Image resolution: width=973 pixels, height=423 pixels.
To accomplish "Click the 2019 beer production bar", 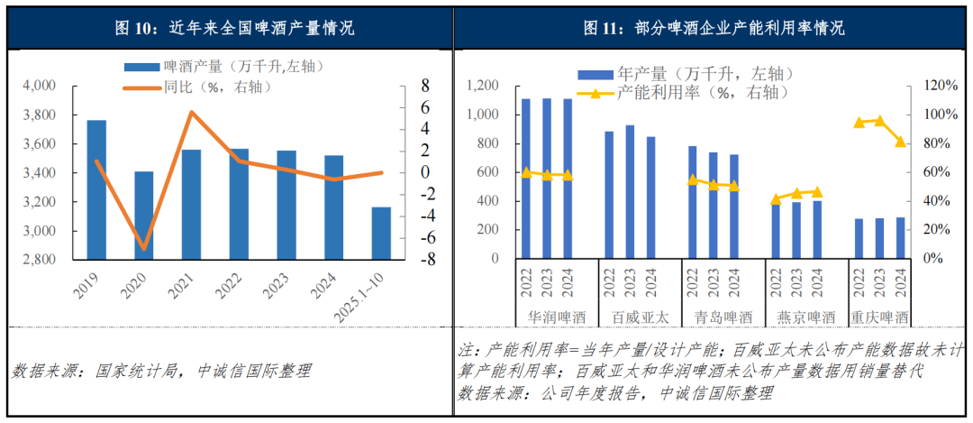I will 96,189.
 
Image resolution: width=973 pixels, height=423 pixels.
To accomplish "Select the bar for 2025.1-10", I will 381,233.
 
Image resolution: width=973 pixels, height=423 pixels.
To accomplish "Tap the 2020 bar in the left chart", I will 144,215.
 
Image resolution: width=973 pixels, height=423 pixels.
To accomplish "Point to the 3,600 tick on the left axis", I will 39,144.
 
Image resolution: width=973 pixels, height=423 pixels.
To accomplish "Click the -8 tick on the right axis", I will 407,260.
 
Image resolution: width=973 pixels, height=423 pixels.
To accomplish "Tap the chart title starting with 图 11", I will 713,28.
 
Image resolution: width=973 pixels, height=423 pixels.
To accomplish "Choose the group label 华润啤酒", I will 556,317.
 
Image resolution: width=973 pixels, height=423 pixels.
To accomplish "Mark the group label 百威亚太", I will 641,317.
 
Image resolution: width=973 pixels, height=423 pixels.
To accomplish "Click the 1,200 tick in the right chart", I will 483,86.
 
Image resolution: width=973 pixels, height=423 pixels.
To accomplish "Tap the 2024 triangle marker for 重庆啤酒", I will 900,142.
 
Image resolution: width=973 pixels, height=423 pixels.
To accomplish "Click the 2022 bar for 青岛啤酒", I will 692,202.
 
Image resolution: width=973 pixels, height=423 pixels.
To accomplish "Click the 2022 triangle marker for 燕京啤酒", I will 776,199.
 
